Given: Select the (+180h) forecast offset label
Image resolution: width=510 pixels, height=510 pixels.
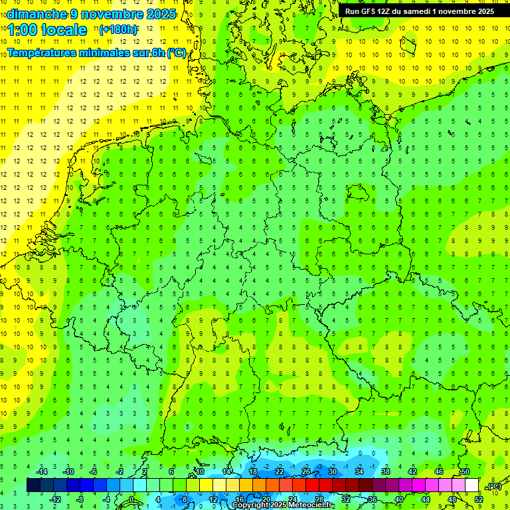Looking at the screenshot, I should [118, 30].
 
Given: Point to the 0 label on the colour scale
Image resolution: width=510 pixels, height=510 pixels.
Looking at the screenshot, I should [131, 499].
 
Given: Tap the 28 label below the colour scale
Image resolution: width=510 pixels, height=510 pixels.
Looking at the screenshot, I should [319, 499].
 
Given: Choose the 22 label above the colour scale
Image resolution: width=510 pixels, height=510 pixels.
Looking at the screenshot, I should [280, 471].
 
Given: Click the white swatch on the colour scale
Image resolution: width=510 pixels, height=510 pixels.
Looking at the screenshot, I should [471, 485].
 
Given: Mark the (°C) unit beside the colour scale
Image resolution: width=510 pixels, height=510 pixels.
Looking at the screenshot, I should [494, 486].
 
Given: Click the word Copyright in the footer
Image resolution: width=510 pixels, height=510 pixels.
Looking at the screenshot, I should [250, 505].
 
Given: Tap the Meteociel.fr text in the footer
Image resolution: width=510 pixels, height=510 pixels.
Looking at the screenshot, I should [311, 505].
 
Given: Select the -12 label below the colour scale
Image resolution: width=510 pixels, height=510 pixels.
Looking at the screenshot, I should [56, 499].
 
